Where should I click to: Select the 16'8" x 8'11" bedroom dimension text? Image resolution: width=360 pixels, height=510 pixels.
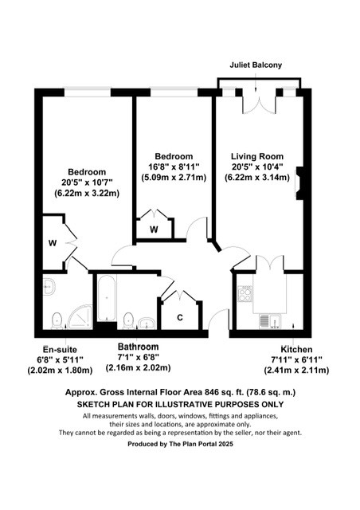click(174, 167)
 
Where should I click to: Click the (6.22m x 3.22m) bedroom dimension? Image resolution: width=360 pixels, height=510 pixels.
click(87, 193)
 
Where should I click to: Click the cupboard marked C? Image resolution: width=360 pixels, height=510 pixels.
click(181, 317)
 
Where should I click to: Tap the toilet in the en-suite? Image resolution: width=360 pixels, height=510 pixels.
click(56, 320)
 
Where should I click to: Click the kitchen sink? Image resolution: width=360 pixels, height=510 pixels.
click(269, 322)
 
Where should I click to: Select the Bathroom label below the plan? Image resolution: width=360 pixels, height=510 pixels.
click(138, 347)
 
